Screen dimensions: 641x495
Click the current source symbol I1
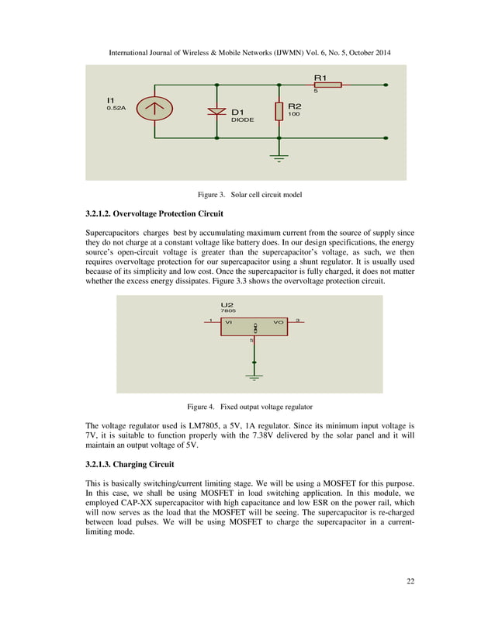coord(155,109)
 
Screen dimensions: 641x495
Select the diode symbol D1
coord(217,111)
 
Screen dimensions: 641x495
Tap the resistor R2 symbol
coord(279,111)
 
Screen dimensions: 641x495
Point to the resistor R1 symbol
coord(327,85)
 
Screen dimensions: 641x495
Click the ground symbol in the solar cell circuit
coord(279,158)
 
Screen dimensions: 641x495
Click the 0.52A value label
coord(116,109)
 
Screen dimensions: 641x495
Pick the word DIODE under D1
coord(242,120)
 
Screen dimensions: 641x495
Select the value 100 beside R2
coord(294,114)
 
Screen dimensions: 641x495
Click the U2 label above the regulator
coord(227,305)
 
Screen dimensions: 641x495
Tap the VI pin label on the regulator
coord(229,321)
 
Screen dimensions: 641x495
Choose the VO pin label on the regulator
coord(278,321)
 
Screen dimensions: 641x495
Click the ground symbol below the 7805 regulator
coord(254,378)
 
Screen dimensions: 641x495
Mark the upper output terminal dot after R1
coord(386,85)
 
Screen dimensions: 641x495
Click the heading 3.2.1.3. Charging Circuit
coord(130,464)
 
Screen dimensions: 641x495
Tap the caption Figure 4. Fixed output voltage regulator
coord(247,406)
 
